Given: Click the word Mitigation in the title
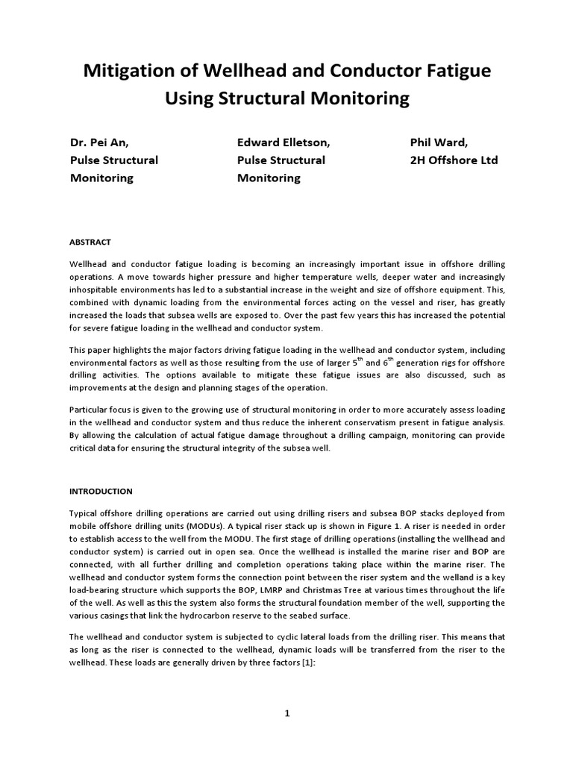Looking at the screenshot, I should [x=127, y=72].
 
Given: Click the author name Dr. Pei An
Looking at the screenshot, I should [x=104, y=143].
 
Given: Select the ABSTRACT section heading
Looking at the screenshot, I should [x=90, y=242].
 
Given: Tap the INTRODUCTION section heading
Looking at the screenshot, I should [x=101, y=491].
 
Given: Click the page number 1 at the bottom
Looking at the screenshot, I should [x=286, y=713].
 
